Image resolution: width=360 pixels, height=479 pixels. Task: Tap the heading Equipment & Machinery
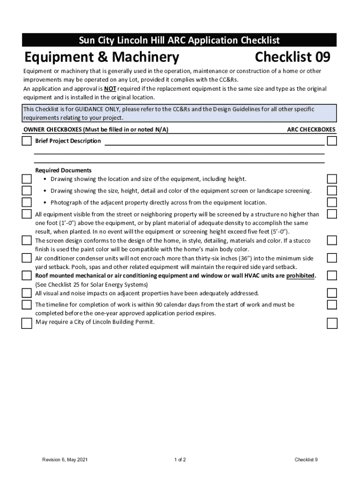pyautogui.click(x=101, y=58)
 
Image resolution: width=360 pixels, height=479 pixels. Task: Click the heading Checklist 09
pyautogui.click(x=293, y=58)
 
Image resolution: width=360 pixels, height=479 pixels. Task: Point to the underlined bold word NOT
pyautogui.click(x=110, y=89)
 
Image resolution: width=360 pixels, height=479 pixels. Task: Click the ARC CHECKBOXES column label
pyautogui.click(x=311, y=130)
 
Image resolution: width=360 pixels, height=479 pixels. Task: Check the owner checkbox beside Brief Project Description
pyautogui.click(x=27, y=141)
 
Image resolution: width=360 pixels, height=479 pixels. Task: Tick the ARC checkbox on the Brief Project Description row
pyautogui.click(x=332, y=141)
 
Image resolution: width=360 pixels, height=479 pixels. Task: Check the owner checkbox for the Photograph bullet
pyautogui.click(x=27, y=202)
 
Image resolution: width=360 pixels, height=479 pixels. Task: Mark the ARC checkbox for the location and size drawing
pyautogui.click(x=332, y=179)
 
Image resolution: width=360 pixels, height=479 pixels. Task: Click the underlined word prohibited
pyautogui.click(x=301, y=276)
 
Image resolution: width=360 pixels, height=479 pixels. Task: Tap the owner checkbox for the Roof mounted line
pyautogui.click(x=27, y=276)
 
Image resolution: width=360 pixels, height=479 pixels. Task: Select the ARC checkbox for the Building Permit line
pyautogui.click(x=332, y=323)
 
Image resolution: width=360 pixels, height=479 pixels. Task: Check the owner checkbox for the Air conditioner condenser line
pyautogui.click(x=27, y=258)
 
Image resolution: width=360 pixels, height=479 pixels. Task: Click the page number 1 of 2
pyautogui.click(x=180, y=460)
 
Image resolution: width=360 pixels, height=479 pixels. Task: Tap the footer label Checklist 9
pyautogui.click(x=306, y=460)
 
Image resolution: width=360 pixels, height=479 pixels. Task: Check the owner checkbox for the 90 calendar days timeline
pyautogui.click(x=27, y=305)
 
